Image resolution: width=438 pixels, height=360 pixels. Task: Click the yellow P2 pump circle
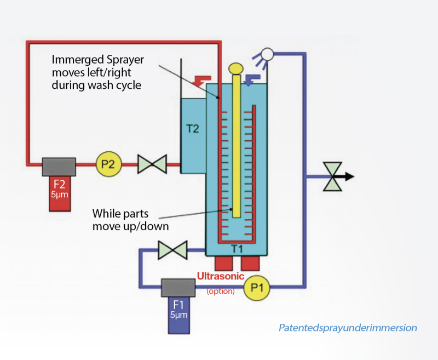point(108,164)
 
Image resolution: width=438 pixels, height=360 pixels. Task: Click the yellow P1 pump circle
point(257,288)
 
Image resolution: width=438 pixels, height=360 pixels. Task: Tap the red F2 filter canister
point(60,193)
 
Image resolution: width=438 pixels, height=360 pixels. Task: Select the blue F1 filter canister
point(179,315)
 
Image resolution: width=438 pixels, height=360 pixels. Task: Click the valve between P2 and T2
point(152,164)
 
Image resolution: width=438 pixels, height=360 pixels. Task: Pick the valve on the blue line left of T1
point(172,250)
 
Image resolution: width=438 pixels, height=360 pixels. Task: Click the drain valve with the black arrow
point(333,176)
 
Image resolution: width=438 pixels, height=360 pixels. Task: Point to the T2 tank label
point(193,129)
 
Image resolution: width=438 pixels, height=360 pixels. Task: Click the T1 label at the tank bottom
point(237,248)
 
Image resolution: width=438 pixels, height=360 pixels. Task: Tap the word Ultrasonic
point(221,276)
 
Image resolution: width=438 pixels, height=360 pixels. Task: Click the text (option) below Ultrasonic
point(221,292)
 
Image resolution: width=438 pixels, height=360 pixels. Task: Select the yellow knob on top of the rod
point(236,68)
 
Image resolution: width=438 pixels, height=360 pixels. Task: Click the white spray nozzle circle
point(267,54)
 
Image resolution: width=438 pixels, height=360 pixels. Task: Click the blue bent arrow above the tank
point(251,79)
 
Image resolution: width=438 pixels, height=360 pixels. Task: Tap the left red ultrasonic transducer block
point(224,264)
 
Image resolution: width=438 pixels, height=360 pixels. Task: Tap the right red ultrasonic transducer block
point(250,264)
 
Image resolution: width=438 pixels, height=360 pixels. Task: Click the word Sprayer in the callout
point(125,60)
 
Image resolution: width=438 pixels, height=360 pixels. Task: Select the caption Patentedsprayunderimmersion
point(348,328)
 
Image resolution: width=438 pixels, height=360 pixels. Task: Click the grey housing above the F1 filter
point(178,288)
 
